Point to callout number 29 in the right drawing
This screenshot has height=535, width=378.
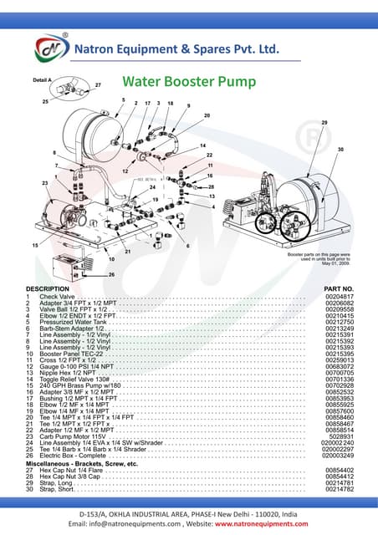(x=324, y=123)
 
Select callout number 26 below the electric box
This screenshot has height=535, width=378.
(x=111, y=274)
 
